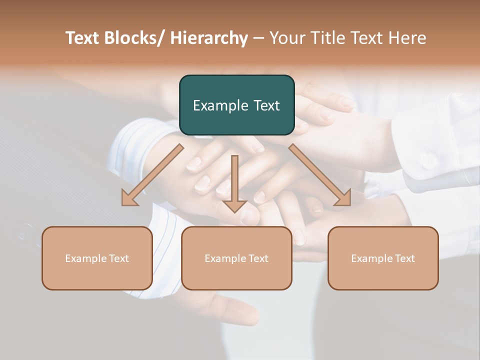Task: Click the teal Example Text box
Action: click(236, 105)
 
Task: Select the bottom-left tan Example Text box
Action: click(97, 258)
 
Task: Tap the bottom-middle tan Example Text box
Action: click(236, 258)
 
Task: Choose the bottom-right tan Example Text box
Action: click(383, 258)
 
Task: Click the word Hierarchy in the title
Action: click(209, 38)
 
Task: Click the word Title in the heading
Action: click(325, 38)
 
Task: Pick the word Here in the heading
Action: click(409, 38)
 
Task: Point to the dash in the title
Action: click(258, 38)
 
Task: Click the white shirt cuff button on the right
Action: click(428, 160)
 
